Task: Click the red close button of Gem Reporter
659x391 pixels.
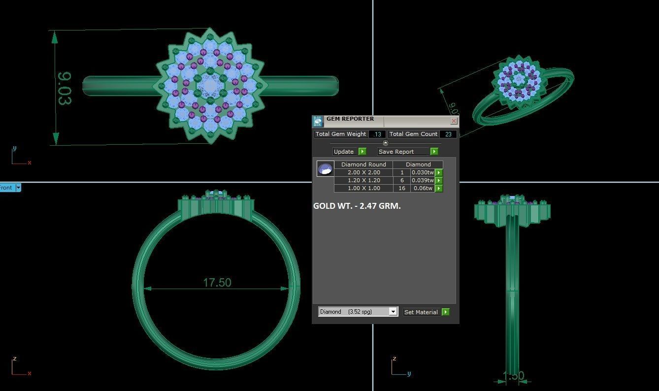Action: click(454, 121)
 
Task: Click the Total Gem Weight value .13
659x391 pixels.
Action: click(377, 134)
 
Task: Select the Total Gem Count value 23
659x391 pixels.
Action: click(448, 134)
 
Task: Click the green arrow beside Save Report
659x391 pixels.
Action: click(434, 152)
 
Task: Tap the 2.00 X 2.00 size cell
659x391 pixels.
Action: click(363, 172)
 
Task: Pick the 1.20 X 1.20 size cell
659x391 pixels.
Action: click(363, 180)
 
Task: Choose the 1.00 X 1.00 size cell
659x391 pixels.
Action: click(363, 188)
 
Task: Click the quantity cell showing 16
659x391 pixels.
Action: click(402, 188)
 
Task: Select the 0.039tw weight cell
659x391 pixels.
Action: click(422, 180)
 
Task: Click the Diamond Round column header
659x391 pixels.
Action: click(363, 164)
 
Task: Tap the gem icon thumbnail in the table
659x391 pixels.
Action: click(325, 169)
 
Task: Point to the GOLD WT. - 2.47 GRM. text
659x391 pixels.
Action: click(357, 206)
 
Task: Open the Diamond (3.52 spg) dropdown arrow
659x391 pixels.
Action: click(393, 312)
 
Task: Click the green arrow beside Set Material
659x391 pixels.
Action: click(445, 312)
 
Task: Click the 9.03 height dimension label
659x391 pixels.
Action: click(65, 89)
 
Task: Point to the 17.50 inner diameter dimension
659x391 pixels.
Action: click(217, 283)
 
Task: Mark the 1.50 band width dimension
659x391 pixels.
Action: click(513, 376)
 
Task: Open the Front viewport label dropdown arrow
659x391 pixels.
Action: click(18, 188)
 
